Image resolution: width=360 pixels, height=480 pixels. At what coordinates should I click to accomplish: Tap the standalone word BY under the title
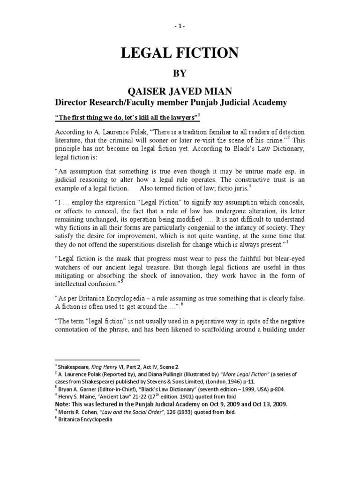[180, 74]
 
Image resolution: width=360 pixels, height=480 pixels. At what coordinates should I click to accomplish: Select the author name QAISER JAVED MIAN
[180, 90]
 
